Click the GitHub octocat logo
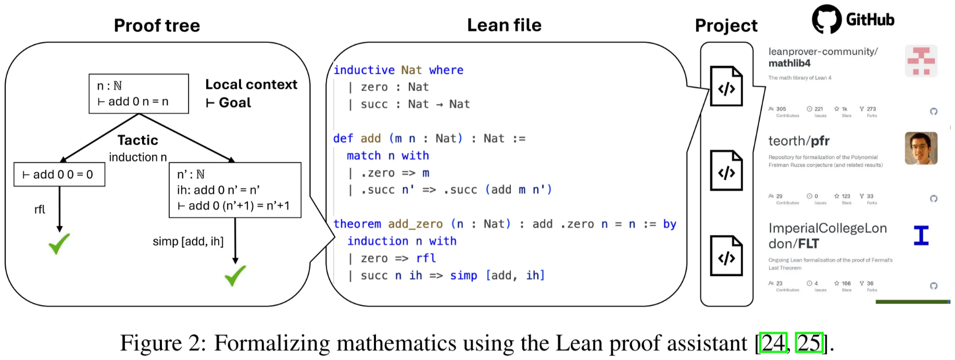(826, 19)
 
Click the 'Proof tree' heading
(157, 26)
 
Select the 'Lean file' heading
(504, 25)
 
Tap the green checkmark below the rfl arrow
(59, 243)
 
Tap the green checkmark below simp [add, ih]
(235, 276)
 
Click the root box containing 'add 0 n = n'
(139, 94)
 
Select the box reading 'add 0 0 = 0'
(59, 175)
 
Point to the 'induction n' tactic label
(138, 157)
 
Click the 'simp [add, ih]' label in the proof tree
(188, 241)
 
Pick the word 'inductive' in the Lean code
(364, 70)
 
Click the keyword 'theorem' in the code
(357, 224)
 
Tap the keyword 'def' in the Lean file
(343, 139)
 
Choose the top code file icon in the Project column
(726, 86)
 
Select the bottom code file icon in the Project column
(726, 256)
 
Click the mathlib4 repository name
(789, 64)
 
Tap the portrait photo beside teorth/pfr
(921, 148)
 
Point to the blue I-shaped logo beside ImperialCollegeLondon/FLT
(921, 235)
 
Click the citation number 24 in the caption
(773, 343)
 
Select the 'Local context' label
(251, 84)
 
